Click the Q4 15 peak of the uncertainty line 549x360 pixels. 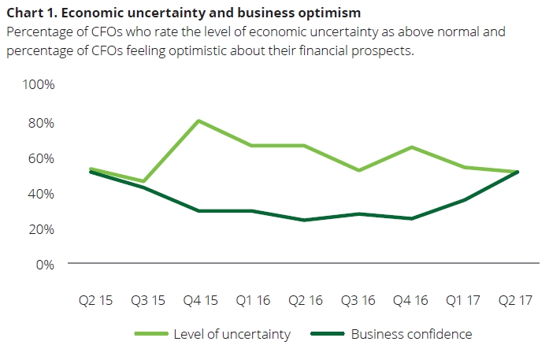(x=198, y=121)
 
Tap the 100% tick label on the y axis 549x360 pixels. (x=38, y=84)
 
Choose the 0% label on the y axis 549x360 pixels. (x=45, y=265)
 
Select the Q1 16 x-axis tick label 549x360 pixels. (x=252, y=300)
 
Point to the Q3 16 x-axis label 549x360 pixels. (x=358, y=300)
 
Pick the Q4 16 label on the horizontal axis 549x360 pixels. (x=411, y=300)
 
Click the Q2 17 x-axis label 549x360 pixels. (x=517, y=300)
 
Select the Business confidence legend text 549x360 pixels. (x=411, y=334)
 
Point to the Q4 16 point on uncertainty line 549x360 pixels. (x=411, y=147)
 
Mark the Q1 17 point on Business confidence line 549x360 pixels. (x=465, y=200)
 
